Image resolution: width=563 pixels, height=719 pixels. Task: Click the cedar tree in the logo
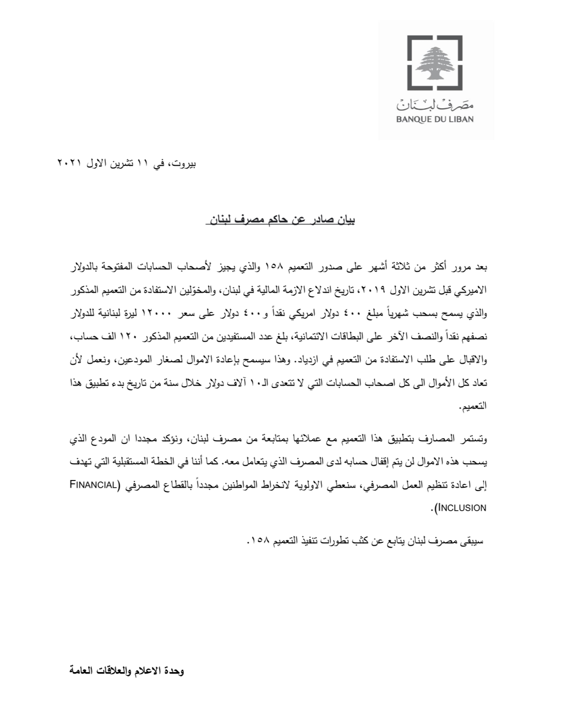[x=435, y=62]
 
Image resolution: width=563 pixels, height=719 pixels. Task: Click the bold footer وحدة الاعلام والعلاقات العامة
[x=126, y=671]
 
